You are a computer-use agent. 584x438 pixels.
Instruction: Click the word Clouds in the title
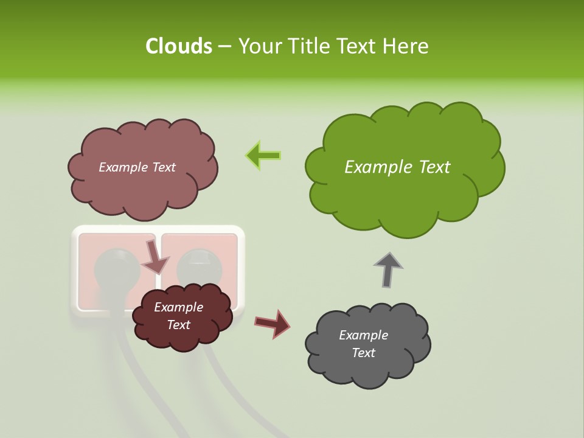178,46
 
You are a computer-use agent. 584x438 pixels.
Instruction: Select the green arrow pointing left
263,156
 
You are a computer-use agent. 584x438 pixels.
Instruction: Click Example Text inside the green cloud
397,167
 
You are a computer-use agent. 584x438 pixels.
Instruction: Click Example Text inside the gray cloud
363,344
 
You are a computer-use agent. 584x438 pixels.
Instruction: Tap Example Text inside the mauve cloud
137,167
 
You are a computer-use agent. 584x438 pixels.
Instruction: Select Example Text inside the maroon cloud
178,316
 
